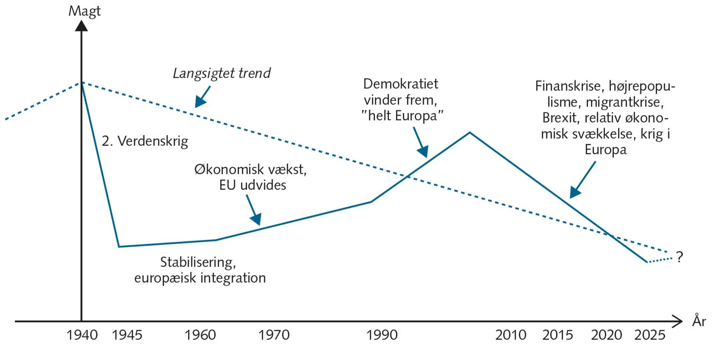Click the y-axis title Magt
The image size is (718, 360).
pos(84,11)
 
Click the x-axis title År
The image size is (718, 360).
pos(699,321)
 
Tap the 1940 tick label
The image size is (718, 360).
pos(82,335)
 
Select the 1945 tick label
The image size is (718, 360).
pos(127,335)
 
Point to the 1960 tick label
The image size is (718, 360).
pos(200,335)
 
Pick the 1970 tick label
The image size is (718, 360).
pos(274,335)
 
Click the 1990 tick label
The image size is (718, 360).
pos(382,335)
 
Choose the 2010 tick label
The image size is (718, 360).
pos(510,335)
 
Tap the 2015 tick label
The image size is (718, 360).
pos(557,335)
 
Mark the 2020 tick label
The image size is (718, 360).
pos(606,335)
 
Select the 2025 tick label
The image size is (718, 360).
pos(650,335)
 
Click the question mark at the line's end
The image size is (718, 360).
pos(679,257)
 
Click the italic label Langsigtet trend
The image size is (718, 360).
pos(222,73)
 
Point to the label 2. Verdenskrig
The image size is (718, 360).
pos(145,141)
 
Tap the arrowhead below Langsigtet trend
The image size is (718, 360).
pos(200,102)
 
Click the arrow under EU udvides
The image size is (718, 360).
pos(256,218)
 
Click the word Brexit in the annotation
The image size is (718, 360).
pos(560,118)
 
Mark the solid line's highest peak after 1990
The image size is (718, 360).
pos(470,133)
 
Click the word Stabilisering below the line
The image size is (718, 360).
pos(198,262)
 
